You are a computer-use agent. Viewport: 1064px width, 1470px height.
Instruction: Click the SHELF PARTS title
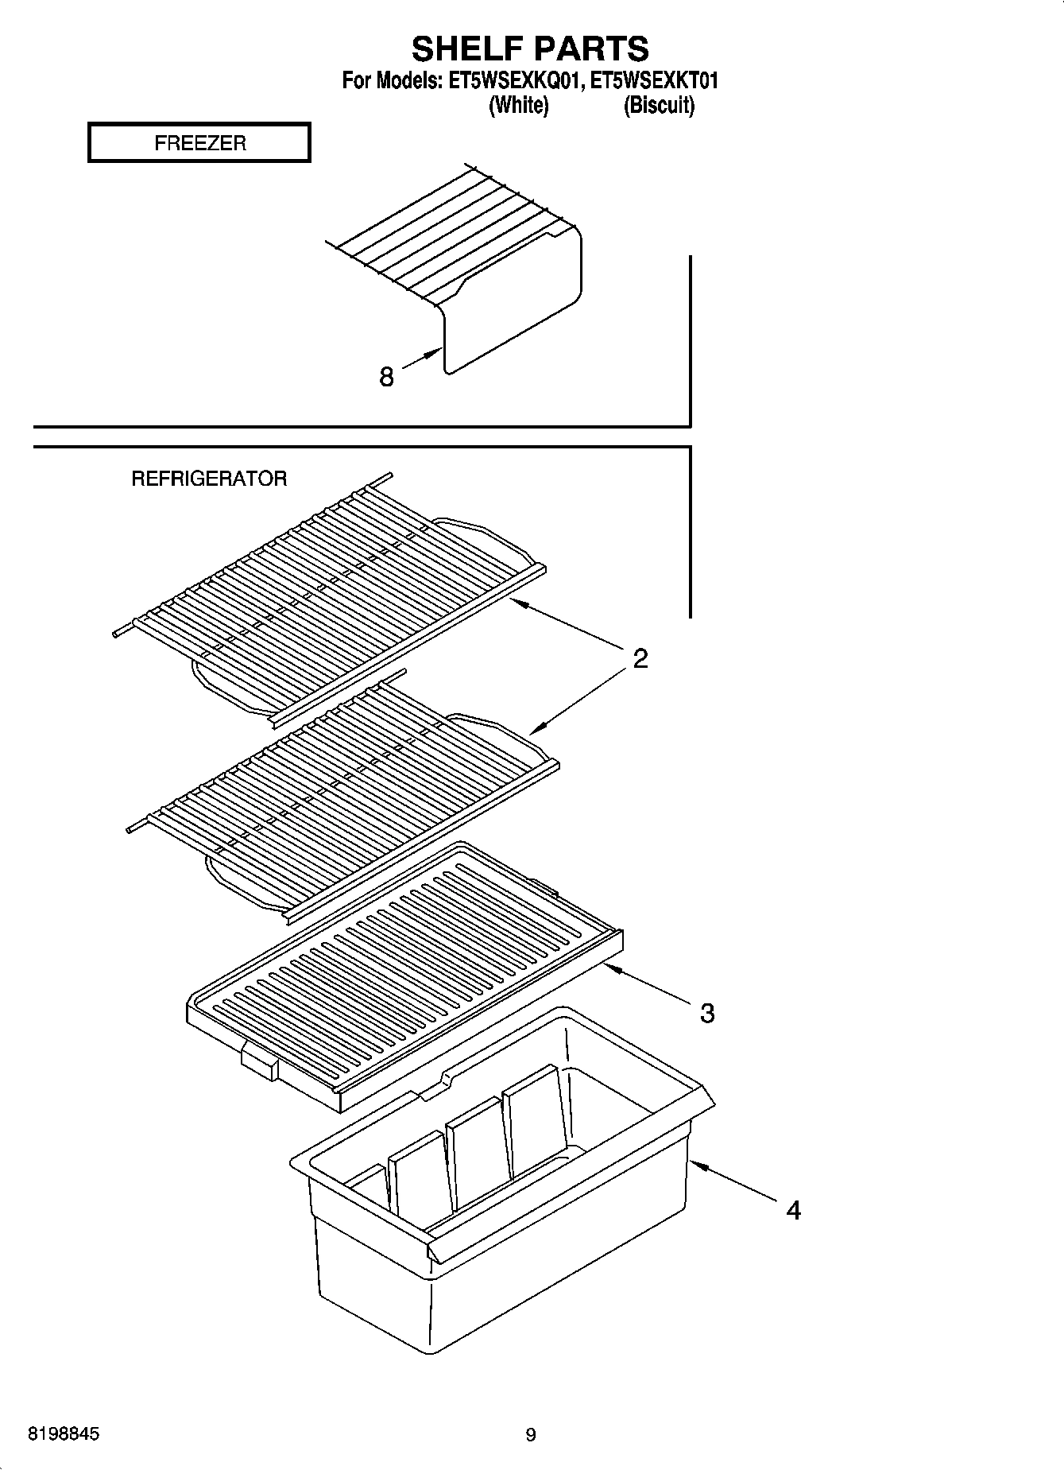point(530,49)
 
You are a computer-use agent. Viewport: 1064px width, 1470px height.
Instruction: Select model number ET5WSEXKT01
point(658,80)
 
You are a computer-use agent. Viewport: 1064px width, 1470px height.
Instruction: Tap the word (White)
point(518,105)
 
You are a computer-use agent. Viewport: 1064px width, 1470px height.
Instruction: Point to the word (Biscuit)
point(659,105)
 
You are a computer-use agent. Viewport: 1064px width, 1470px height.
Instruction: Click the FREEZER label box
point(199,143)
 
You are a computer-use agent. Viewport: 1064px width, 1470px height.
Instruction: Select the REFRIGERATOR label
point(209,479)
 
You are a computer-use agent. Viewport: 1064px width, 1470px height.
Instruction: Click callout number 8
point(387,377)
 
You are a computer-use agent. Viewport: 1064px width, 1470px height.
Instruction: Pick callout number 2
point(640,658)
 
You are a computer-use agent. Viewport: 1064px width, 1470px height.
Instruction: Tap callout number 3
point(707,1013)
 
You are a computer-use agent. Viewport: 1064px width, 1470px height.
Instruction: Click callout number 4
point(793,1210)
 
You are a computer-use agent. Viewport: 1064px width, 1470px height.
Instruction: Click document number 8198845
point(64,1434)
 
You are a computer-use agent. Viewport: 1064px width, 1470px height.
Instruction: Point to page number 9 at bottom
point(531,1435)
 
